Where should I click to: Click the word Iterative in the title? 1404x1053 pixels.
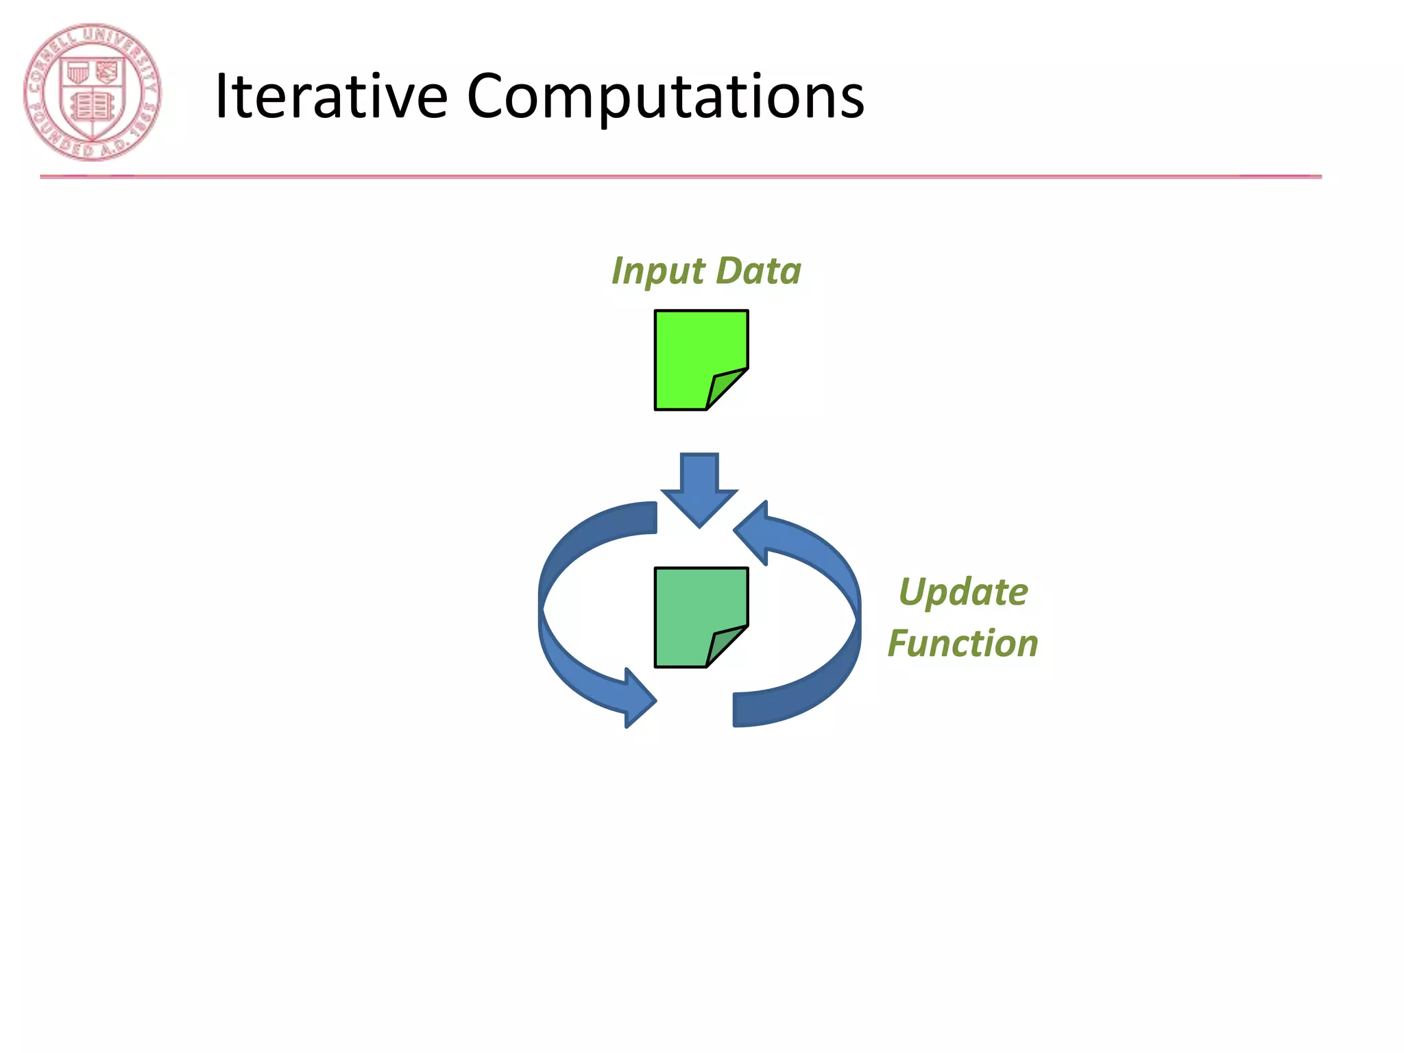tap(331, 97)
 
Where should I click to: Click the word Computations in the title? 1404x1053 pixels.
tap(665, 98)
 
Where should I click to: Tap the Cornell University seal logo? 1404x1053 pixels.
tap(93, 93)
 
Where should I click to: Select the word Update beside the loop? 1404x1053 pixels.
tap(963, 592)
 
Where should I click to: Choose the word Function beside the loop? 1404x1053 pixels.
tap(963, 644)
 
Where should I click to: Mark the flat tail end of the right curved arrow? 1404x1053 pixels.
tap(740, 710)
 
